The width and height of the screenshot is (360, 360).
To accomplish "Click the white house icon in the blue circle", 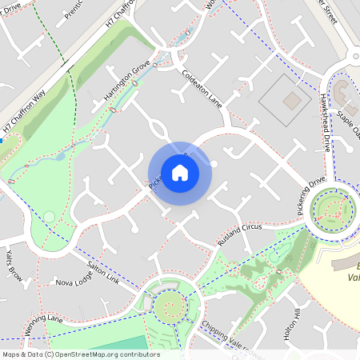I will (x=180, y=173).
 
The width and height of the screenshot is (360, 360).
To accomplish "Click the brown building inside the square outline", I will (x=292, y=101).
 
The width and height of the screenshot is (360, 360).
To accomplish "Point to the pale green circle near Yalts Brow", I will (x=50, y=216).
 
